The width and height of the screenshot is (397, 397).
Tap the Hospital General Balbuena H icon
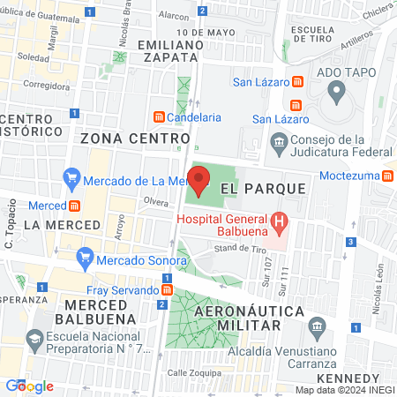[x=279, y=221]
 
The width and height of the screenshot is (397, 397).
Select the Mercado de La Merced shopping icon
[x=71, y=182]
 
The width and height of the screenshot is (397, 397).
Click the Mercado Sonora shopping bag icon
[x=85, y=258]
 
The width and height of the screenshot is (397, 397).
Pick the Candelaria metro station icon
[x=159, y=116]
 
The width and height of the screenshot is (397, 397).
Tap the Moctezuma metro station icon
[x=388, y=175]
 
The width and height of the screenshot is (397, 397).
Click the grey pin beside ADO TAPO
[x=335, y=90]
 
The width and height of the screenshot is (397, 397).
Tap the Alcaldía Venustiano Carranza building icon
[x=318, y=328]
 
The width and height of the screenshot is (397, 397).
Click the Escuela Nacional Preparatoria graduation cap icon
[x=34, y=339]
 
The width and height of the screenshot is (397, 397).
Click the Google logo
[x=29, y=386]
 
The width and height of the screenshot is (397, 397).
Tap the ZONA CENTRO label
[x=135, y=139]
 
